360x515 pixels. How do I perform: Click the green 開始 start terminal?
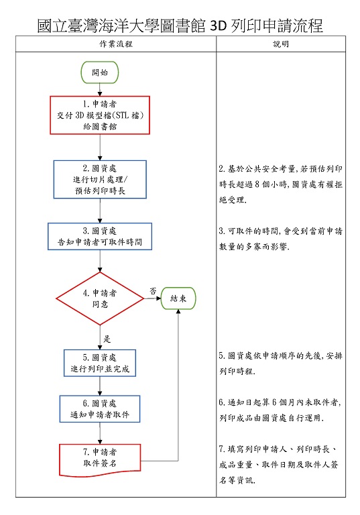click(x=99, y=72)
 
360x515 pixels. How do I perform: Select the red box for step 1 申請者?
click(x=100, y=115)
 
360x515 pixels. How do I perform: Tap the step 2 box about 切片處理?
click(x=100, y=179)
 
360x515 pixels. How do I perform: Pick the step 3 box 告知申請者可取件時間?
click(x=100, y=237)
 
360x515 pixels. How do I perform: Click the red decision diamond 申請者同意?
click(x=100, y=298)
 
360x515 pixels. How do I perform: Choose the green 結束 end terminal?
click(x=178, y=298)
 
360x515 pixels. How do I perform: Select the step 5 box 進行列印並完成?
click(x=100, y=363)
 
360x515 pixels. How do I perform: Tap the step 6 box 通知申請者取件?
click(x=100, y=409)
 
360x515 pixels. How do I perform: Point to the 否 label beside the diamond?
click(x=152, y=290)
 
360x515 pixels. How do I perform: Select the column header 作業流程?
click(x=115, y=44)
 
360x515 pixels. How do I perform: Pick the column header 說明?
click(x=282, y=44)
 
